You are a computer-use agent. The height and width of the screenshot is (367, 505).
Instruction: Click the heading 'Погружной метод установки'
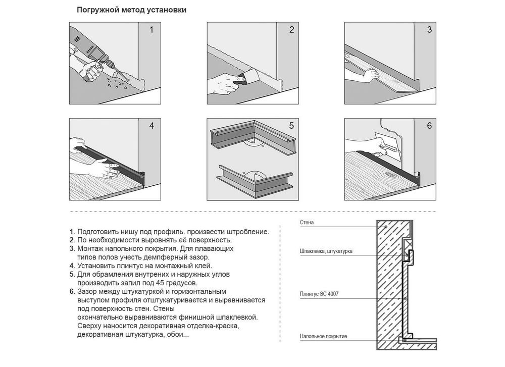tap(131, 10)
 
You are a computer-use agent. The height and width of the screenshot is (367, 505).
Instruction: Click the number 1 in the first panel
tap(151, 30)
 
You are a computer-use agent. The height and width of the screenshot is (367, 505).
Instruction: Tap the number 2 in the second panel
tap(292, 30)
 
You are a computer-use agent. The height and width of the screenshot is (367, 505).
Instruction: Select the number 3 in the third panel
tap(429, 30)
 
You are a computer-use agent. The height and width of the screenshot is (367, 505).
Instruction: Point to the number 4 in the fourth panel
tap(151, 126)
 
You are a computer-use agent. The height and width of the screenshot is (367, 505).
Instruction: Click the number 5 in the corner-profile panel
tap(291, 126)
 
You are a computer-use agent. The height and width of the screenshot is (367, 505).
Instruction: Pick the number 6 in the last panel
tap(429, 126)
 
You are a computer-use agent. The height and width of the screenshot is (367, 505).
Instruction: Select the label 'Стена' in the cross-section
tap(307, 223)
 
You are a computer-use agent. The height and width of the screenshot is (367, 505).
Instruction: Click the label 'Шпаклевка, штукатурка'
tap(326, 251)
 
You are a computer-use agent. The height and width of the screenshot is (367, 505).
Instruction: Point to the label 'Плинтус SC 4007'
tap(319, 294)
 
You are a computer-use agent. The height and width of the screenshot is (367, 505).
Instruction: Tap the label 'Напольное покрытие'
tap(323, 336)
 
